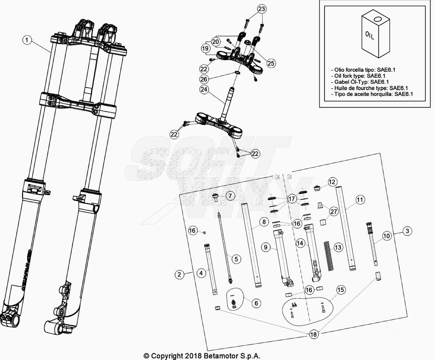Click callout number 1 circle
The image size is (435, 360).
[27, 40]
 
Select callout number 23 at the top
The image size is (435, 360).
[262, 9]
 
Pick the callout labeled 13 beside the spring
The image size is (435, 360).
[338, 247]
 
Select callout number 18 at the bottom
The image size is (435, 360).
[313, 334]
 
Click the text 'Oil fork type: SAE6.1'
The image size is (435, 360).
[361, 76]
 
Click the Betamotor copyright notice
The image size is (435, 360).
[202, 356]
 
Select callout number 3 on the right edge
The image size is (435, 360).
[407, 231]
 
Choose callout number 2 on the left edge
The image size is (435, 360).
[180, 275]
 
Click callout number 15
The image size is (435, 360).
[340, 290]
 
